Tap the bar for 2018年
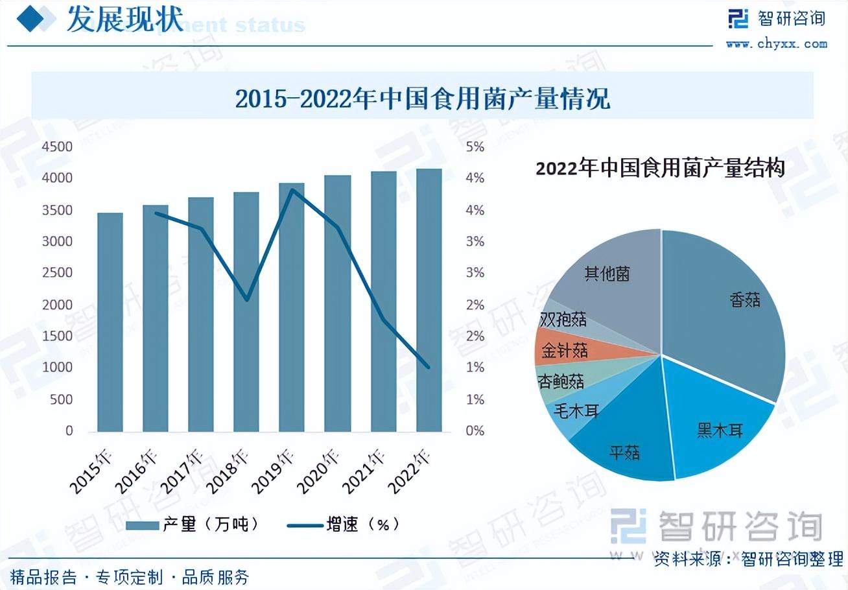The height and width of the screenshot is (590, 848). tap(246, 312)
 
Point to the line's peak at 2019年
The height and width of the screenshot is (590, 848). tap(292, 190)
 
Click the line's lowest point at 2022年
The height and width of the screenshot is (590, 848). tap(429, 368)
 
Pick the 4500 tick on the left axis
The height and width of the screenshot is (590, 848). tap(57, 147)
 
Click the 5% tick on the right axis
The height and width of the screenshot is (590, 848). tap(475, 147)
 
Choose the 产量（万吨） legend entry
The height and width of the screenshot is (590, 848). tap(192, 525)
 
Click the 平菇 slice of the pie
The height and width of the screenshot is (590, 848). tap(625, 452)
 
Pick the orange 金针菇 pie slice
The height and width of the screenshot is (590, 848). tap(565, 351)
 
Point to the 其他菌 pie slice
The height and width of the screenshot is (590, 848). tap(607, 273)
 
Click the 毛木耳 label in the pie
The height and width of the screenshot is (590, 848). tap(575, 411)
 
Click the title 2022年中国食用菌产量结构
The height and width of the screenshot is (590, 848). tap(661, 169)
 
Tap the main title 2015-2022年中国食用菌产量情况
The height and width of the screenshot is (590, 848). tap(422, 99)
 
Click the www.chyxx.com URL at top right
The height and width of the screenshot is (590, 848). tap(777, 44)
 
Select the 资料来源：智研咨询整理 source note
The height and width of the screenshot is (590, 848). tap(748, 558)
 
